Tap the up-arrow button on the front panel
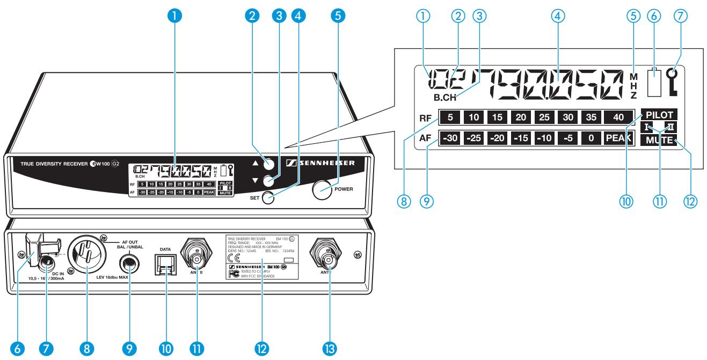(269, 165)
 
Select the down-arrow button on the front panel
(269, 181)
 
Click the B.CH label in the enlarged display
(446, 98)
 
